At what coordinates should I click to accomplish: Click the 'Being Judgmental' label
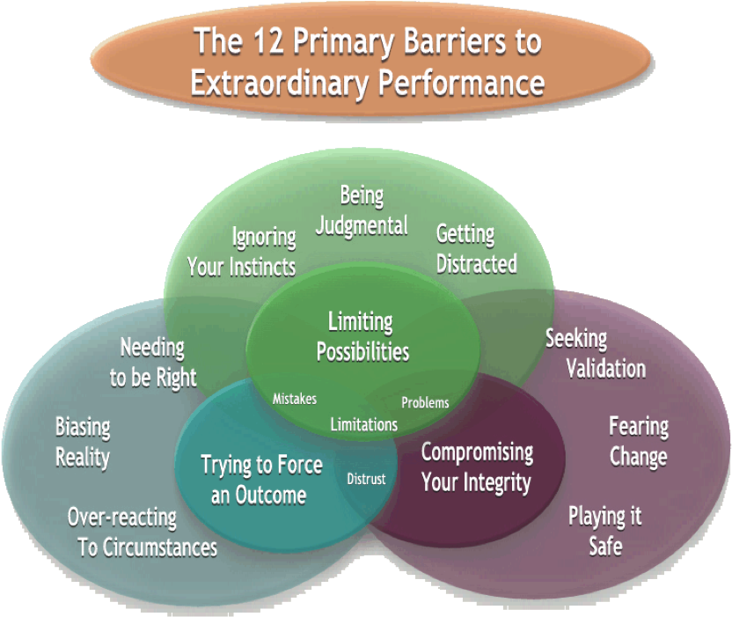pos(362,210)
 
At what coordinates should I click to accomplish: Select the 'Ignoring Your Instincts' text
pos(242,252)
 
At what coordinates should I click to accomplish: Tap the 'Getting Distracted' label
pos(476,249)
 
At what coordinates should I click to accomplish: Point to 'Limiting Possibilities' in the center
pos(362,336)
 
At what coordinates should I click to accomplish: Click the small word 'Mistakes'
pos(295,399)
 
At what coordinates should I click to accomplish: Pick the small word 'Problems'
pos(425,402)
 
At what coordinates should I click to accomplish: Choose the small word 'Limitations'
pos(363,424)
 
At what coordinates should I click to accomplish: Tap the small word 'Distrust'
pos(366,479)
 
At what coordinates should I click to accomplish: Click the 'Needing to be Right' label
pos(153,362)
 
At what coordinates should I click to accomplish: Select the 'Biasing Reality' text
pos(83,443)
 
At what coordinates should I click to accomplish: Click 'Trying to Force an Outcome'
pos(261,479)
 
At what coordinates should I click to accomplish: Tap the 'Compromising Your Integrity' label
pos(477,466)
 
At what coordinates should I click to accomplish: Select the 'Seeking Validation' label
pos(595,353)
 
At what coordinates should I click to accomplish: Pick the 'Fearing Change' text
pos(639,442)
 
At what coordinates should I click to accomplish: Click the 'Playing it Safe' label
pos(604,530)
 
